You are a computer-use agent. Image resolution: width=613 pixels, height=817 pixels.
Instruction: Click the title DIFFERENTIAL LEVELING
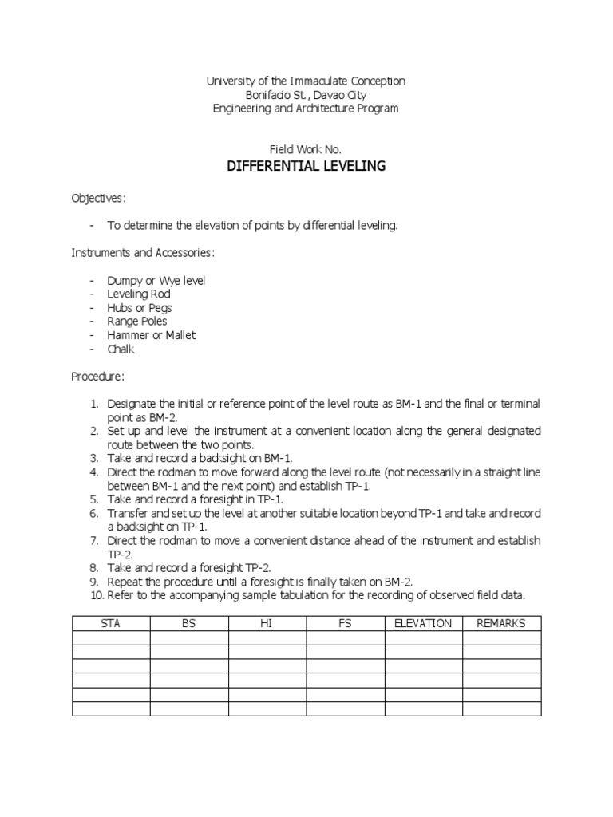pyautogui.click(x=306, y=166)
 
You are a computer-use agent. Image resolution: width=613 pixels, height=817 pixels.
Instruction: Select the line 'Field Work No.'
pyautogui.click(x=306, y=148)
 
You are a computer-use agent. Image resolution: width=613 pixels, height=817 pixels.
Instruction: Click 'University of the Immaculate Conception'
pyautogui.click(x=306, y=81)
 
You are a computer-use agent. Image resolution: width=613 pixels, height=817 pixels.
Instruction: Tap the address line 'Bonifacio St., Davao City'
pyautogui.click(x=306, y=95)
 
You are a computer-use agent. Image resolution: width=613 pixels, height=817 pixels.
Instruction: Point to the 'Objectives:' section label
pyautogui.click(x=99, y=198)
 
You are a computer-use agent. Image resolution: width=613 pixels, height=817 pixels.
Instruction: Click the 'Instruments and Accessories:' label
pyautogui.click(x=143, y=253)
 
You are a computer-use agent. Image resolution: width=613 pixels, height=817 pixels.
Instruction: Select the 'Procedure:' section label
pyautogui.click(x=98, y=376)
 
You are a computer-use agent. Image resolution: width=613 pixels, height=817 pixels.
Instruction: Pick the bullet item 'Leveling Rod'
pyautogui.click(x=139, y=294)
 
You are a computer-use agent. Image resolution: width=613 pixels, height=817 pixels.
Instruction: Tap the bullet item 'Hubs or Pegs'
pyautogui.click(x=140, y=308)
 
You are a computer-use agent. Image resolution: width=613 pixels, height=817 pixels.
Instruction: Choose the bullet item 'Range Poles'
pyautogui.click(x=137, y=322)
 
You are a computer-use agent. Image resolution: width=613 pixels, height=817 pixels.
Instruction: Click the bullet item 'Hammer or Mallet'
pyautogui.click(x=151, y=335)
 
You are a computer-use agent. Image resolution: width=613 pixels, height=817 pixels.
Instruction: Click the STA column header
pyautogui.click(x=111, y=623)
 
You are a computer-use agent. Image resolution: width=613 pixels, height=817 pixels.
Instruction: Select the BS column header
pyautogui.click(x=188, y=623)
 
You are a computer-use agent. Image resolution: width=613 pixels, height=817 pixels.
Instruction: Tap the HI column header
pyautogui.click(x=267, y=623)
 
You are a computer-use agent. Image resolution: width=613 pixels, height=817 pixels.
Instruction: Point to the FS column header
pyautogui.click(x=345, y=623)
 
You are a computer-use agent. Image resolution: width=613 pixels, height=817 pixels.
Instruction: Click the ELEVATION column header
pyautogui.click(x=423, y=623)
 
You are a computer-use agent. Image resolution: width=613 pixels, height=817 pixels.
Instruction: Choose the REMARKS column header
pyautogui.click(x=501, y=623)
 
